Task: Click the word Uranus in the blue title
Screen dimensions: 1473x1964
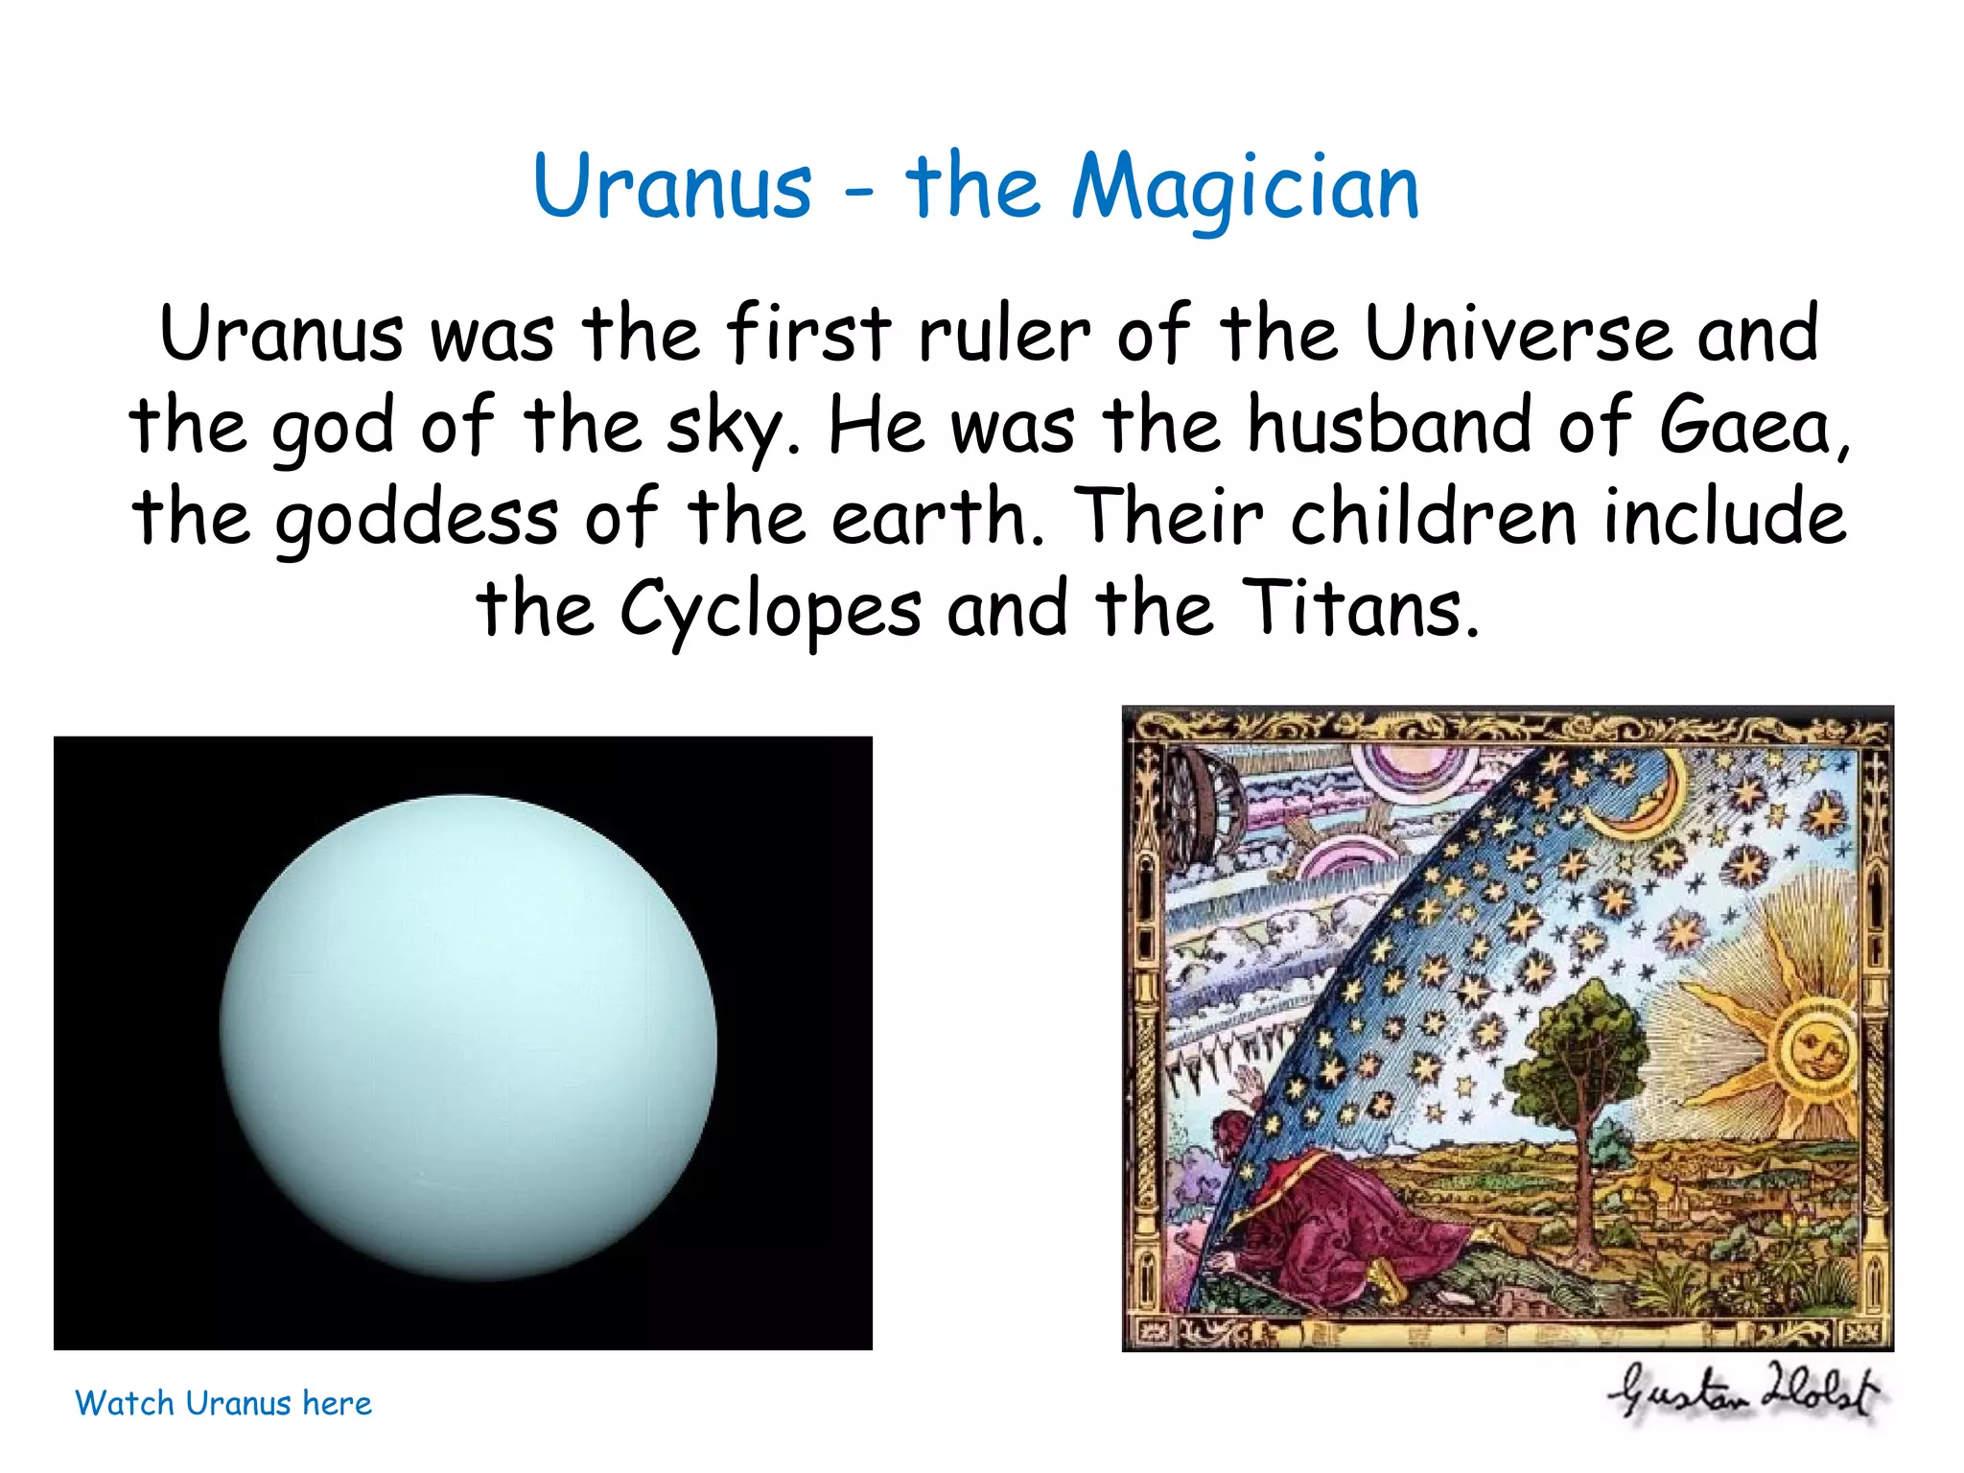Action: point(672,187)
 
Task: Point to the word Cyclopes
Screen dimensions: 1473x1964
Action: point(770,610)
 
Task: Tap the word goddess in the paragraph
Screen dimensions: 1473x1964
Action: point(416,520)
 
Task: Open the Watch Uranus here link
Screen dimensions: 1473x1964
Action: point(222,1403)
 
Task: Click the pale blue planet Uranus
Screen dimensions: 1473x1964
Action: point(468,1036)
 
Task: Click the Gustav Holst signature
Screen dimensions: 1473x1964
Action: point(1745,1393)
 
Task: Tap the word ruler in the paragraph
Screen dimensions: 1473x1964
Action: point(1004,334)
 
